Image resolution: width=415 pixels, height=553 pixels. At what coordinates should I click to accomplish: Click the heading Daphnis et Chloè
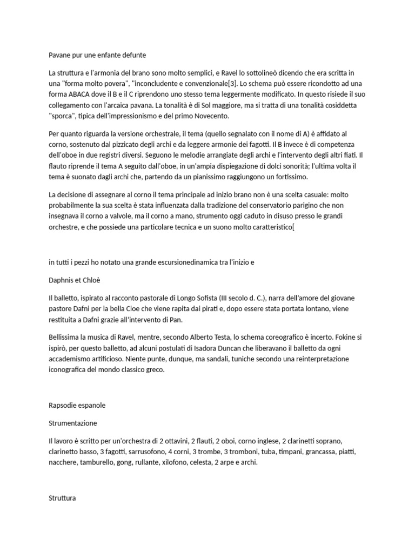click(75, 281)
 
